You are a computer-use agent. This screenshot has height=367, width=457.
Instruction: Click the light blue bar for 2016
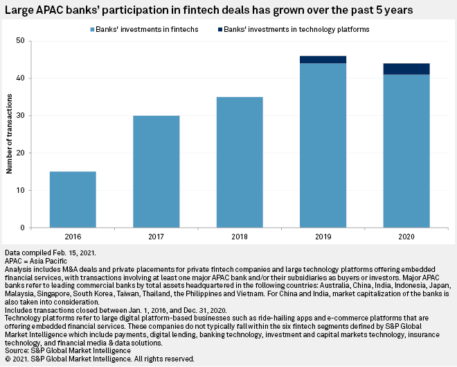tap(73, 200)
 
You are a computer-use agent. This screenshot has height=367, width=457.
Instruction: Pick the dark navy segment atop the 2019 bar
tap(323, 60)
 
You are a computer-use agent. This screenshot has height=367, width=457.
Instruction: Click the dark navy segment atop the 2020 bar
tap(406, 69)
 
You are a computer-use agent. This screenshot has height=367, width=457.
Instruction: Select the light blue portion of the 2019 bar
tap(323, 146)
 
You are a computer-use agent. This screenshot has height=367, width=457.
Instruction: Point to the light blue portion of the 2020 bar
tap(406, 151)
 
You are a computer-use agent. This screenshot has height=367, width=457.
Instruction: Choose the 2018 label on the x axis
tap(239, 237)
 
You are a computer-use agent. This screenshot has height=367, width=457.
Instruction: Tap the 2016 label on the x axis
tap(73, 237)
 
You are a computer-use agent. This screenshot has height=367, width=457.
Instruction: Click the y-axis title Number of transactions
tap(10, 135)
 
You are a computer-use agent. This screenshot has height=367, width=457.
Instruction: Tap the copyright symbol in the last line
tap(8, 359)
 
